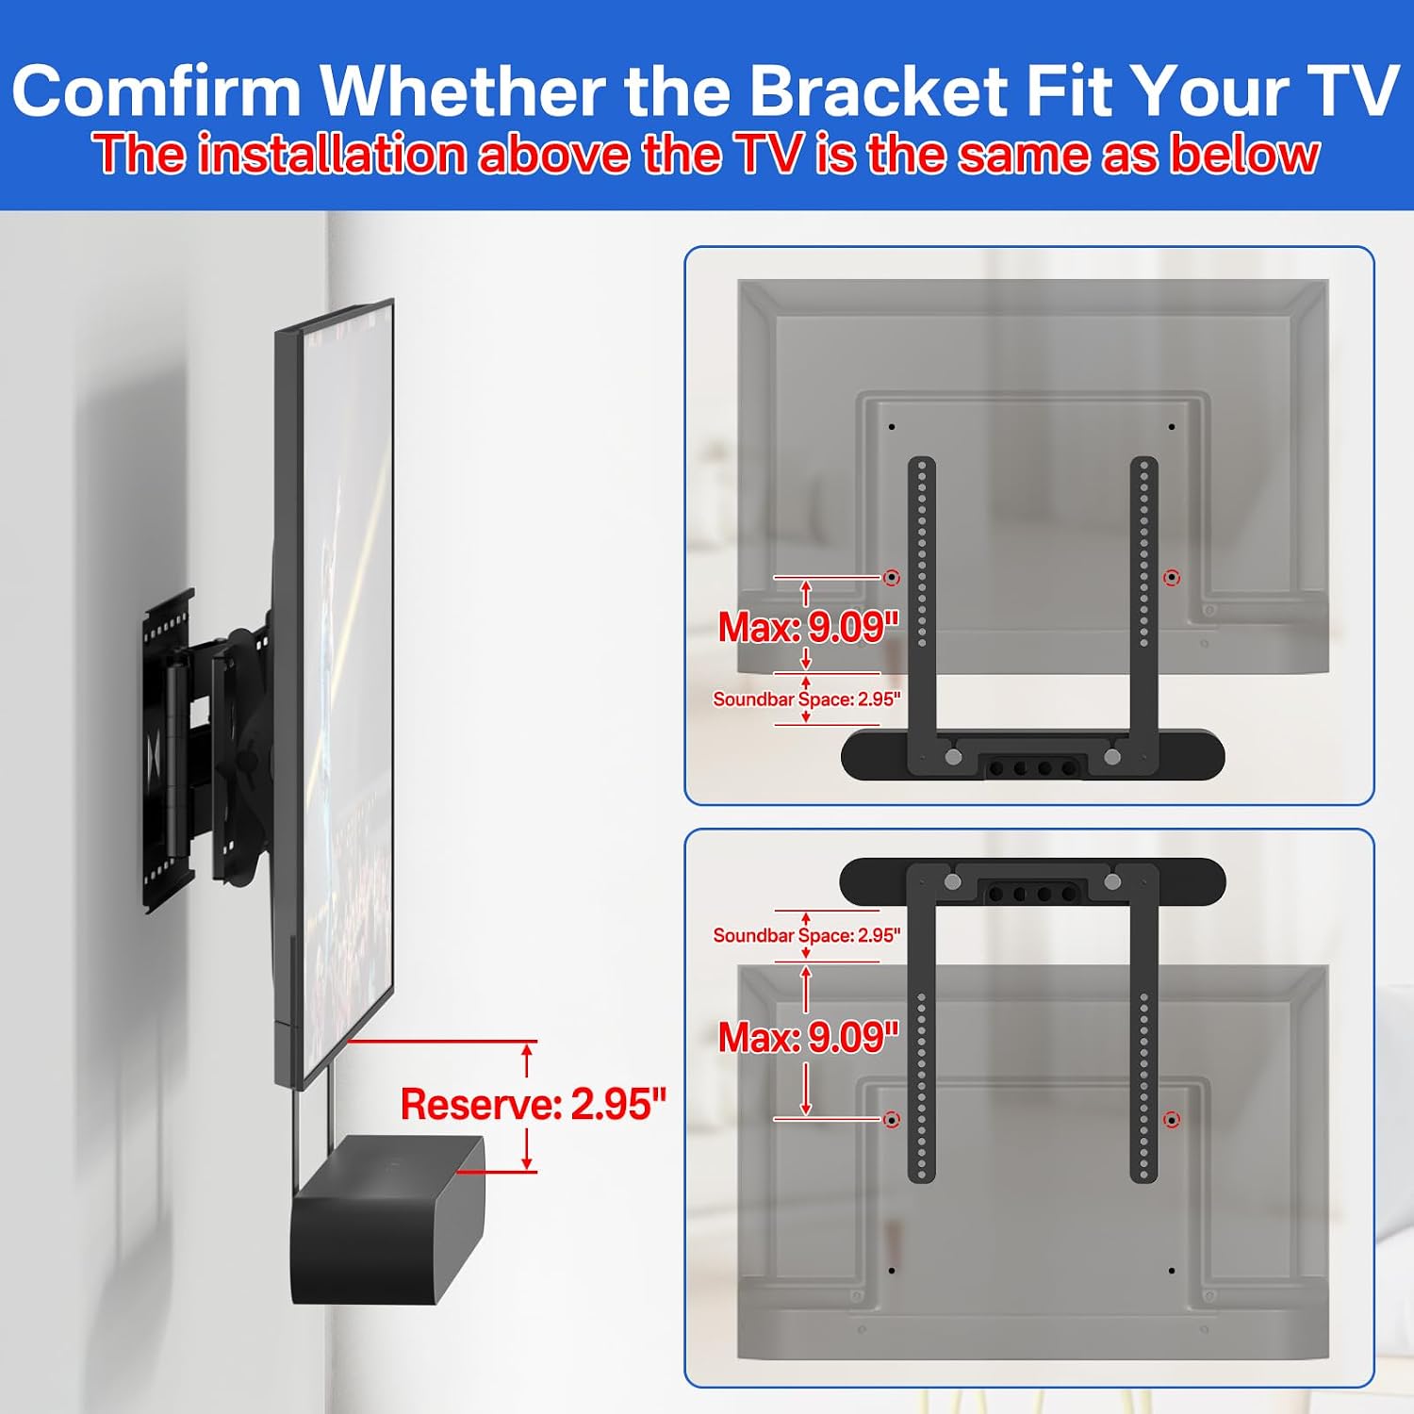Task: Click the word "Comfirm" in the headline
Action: [156, 90]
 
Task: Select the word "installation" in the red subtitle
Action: [332, 154]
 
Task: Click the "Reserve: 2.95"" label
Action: [534, 1104]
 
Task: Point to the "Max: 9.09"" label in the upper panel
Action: [809, 627]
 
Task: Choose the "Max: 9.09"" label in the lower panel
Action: [809, 1037]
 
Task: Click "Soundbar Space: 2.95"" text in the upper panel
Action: [807, 699]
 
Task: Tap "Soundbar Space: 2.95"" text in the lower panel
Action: [807, 935]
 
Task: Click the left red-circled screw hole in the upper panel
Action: [891, 577]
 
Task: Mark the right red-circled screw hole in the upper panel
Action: [1172, 577]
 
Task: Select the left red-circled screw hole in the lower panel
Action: [891, 1120]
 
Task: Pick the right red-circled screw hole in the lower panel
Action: [1172, 1120]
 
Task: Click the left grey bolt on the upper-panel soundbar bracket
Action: [953, 756]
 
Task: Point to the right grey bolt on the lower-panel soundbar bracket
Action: [1112, 882]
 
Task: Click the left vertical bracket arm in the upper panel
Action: [921, 603]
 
